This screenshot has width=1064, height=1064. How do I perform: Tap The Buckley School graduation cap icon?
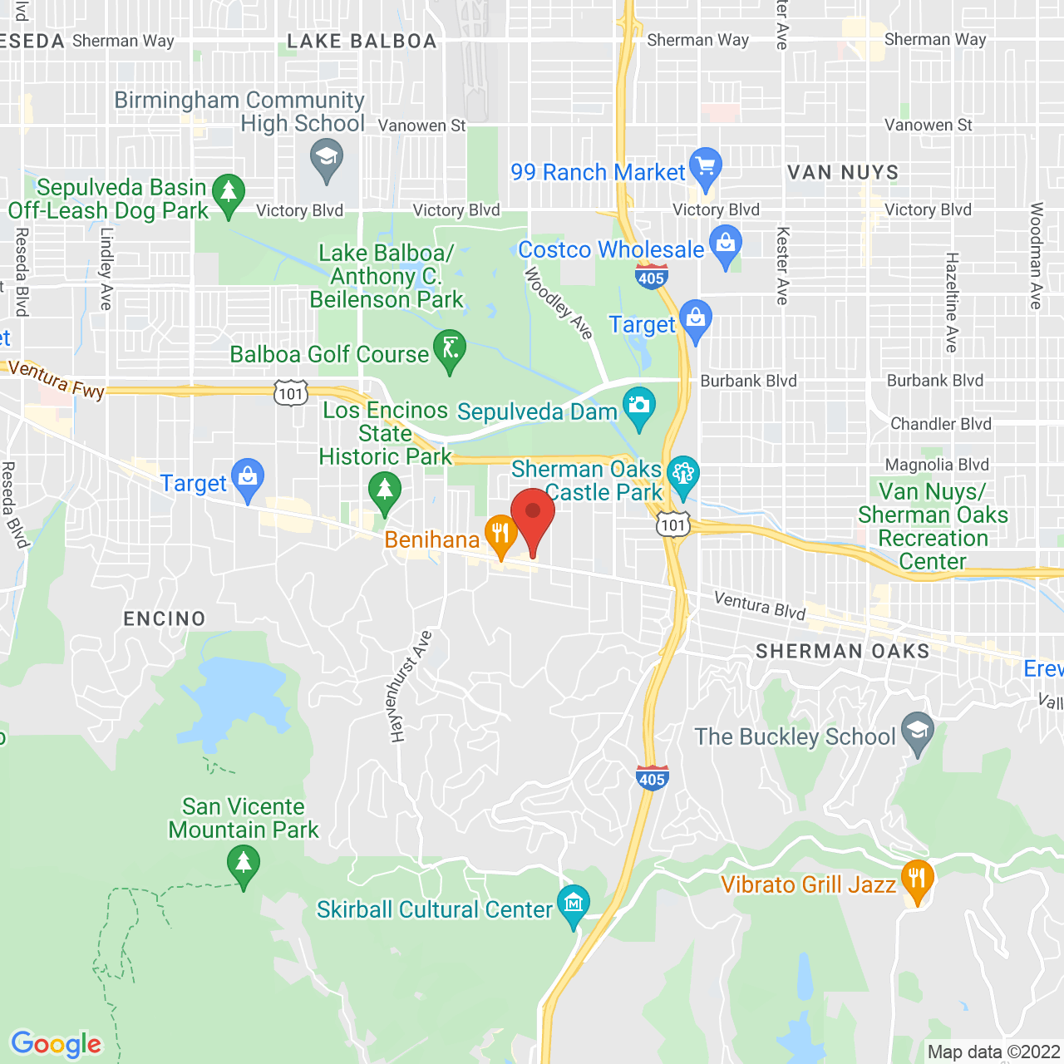tap(918, 731)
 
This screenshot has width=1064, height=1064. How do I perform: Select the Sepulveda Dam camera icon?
tap(639, 406)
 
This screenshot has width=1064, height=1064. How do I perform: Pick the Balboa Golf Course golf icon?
tap(450, 349)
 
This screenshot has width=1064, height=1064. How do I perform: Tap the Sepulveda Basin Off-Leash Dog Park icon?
tap(228, 193)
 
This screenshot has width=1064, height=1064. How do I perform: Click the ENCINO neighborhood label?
tap(165, 618)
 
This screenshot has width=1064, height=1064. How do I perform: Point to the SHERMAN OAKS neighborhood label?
tap(843, 651)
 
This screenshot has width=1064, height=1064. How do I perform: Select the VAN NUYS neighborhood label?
tap(843, 173)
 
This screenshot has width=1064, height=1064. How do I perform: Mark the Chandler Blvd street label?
tap(941, 424)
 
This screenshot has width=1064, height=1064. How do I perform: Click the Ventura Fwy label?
tap(56, 379)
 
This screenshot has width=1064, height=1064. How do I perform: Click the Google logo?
tap(57, 1044)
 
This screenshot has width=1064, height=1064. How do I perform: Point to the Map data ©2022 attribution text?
tap(994, 1052)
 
